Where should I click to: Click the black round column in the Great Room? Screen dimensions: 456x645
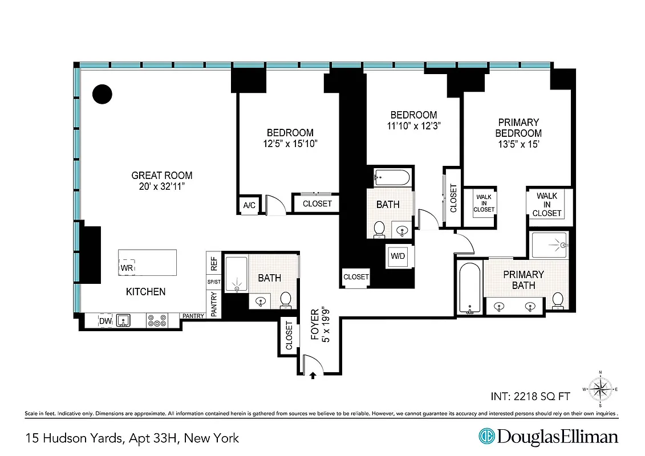(x=103, y=94)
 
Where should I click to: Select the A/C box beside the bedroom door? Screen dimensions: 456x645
(x=249, y=205)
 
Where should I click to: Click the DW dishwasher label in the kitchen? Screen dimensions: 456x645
(x=106, y=321)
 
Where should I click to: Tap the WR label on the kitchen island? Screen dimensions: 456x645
(x=127, y=267)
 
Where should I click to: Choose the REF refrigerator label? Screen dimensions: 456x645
(x=214, y=264)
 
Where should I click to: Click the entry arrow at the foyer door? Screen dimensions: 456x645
(x=313, y=375)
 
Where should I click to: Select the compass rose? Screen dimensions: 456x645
(x=600, y=389)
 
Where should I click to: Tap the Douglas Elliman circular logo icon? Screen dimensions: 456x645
(x=486, y=437)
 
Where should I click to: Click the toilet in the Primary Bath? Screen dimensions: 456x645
(x=558, y=300)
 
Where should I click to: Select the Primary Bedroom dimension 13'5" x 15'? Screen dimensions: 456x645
(x=518, y=144)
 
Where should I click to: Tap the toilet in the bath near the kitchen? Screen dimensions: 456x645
(x=286, y=299)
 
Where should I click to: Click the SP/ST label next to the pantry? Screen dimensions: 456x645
(x=214, y=282)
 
